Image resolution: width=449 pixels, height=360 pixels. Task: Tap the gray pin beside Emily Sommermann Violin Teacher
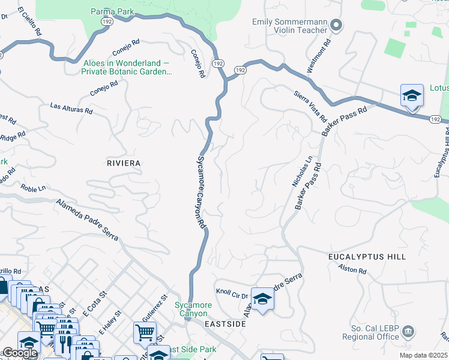pyautogui.click(x=336, y=25)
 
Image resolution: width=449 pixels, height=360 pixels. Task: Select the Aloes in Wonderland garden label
pyautogui.click(x=126, y=67)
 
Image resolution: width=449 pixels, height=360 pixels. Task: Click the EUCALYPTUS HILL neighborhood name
pyautogui.click(x=367, y=257)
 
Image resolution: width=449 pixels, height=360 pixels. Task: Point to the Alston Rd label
pyautogui.click(x=352, y=269)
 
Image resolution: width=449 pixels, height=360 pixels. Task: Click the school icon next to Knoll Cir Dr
pyautogui.click(x=262, y=299)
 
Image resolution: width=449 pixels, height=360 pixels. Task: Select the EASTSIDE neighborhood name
pyautogui.click(x=225, y=324)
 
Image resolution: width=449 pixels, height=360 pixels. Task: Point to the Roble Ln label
pyautogui.click(x=33, y=188)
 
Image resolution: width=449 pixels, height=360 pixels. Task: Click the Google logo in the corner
pyautogui.click(x=19, y=352)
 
